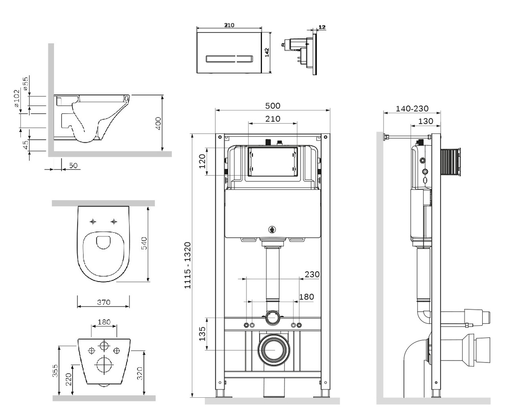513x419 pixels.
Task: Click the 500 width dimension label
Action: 273,106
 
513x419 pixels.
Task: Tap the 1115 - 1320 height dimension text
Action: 188,266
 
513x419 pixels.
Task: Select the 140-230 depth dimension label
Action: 412,108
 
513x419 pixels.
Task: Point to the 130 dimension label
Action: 425,121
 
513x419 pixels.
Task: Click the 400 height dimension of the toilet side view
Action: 158,123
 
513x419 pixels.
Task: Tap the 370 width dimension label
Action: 104,302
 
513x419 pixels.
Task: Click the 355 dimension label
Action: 56,371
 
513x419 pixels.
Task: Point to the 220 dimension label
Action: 69,379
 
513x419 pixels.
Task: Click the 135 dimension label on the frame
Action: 201,334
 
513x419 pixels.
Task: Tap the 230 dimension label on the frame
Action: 312,275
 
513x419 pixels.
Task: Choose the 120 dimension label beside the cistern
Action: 202,162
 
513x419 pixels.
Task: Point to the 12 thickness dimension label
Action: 322,27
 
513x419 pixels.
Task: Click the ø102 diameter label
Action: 16,98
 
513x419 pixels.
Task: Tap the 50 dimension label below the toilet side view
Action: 73,166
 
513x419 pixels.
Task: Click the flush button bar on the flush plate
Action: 229,59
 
